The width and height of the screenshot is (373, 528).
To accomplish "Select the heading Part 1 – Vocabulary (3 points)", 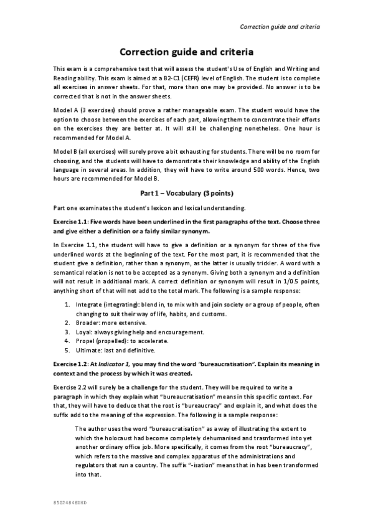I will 186,193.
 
